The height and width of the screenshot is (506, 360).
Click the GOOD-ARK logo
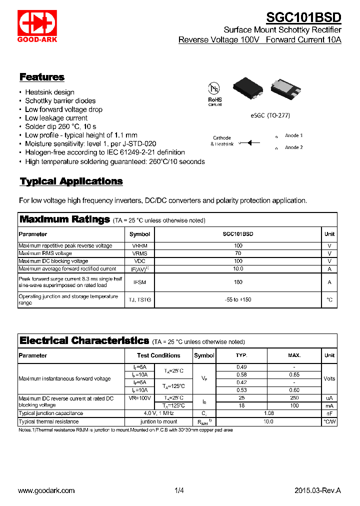tap(37, 25)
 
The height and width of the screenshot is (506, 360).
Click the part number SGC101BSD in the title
tap(303, 17)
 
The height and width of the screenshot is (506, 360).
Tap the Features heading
tap(42, 77)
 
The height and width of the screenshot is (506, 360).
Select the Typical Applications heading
tap(71, 181)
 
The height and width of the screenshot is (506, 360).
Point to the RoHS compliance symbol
tap(214, 93)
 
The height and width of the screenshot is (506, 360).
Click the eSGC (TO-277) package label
tap(270, 115)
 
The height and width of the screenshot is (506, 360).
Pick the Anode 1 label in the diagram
tap(293, 135)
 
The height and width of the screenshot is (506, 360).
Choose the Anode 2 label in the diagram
tap(293, 147)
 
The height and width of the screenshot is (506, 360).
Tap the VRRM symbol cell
tap(139, 245)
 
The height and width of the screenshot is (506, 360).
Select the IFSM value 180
tap(238, 282)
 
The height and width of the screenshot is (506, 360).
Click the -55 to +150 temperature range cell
tap(238, 299)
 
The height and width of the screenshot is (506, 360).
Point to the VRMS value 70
tap(238, 253)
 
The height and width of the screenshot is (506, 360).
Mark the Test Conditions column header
tap(158, 355)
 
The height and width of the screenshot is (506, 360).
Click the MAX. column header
tap(294, 355)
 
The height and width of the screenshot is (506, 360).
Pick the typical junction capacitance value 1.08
tap(268, 413)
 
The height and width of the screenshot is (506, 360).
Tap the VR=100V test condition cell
tap(139, 398)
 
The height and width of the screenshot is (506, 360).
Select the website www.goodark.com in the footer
tap(46, 490)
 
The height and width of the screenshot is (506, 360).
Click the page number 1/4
tap(179, 490)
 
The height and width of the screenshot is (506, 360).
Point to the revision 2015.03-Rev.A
tap(317, 490)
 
